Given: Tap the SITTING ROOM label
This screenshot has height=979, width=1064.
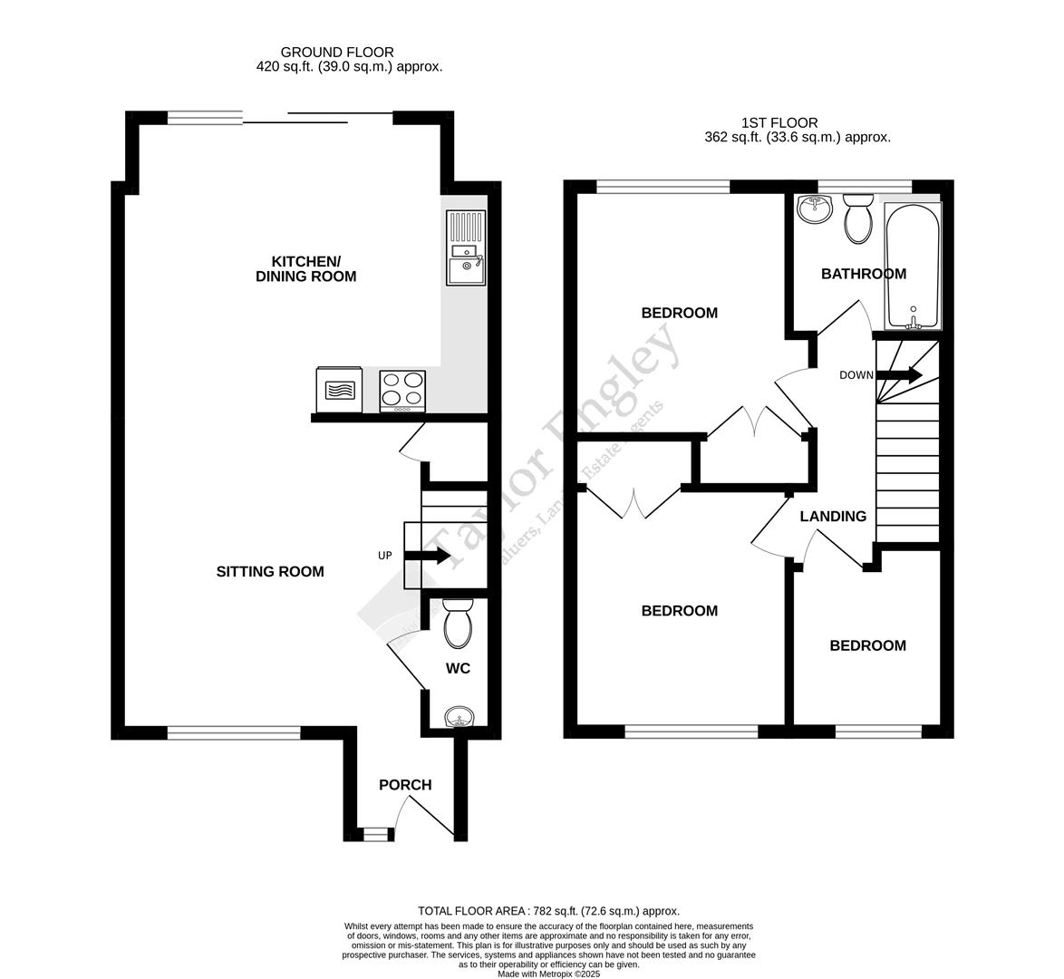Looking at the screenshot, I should point(270,572).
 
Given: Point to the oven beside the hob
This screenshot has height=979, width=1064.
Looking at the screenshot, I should point(339,390).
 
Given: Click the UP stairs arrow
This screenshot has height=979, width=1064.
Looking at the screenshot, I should point(427,556).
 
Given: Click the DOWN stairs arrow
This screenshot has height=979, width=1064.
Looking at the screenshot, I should point(900,374).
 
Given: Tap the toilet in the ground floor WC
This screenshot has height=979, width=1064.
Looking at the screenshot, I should point(458,624).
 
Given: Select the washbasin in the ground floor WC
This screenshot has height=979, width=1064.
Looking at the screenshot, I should point(460,719).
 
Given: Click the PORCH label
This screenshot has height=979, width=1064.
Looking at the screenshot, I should point(405,785).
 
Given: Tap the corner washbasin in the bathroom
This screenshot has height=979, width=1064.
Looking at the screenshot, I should point(815,209).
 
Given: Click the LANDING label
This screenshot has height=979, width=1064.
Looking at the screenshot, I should point(833,517).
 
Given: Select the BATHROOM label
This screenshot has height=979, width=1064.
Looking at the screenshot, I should point(863,274).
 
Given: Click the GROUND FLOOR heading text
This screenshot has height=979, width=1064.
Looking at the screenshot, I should point(337,53).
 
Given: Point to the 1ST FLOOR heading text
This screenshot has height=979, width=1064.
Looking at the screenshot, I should point(779,122).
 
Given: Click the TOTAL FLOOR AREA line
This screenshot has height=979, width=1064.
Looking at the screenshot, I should point(548,911).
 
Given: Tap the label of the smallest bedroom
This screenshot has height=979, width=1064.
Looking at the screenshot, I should point(867,645).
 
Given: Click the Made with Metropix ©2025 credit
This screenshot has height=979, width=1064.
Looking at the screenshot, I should point(548,974).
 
